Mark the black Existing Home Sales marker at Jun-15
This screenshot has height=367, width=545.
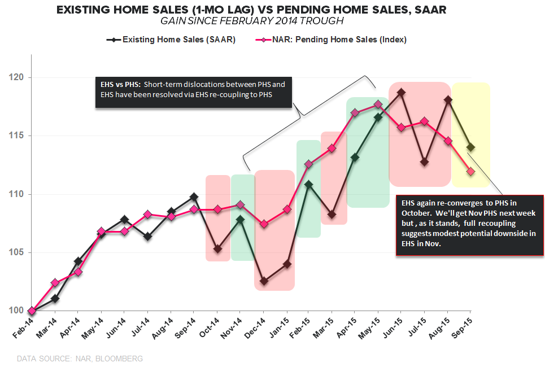[401, 93]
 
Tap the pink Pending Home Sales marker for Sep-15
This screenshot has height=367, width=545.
[470, 171]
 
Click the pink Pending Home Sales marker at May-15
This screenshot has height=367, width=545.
[378, 104]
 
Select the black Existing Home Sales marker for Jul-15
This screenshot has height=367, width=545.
[424, 162]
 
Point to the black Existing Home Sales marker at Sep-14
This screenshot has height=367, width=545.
[194, 197]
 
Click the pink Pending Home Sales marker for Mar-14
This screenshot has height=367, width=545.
[55, 282]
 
